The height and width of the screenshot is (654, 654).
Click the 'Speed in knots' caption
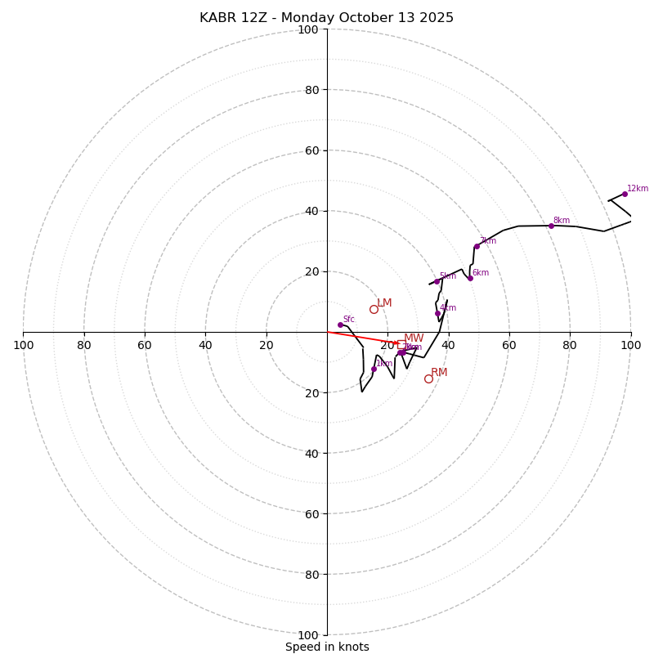pos(327,647)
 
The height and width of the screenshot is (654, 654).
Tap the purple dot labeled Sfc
pos(340,325)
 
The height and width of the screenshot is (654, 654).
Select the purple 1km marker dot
pos(374,369)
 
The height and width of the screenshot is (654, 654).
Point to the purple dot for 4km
pos(437,313)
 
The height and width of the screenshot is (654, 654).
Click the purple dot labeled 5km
pos(437,281)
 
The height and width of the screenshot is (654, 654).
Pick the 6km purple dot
pos(470,278)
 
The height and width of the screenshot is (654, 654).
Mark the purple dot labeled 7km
pos(477,246)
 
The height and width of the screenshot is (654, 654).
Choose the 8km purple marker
pos(551,226)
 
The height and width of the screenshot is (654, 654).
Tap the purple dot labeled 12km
pos(625,194)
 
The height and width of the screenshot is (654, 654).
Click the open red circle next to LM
pos(374,309)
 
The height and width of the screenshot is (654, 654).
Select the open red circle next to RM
pos(428,379)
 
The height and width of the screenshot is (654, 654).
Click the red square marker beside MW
pos(401,345)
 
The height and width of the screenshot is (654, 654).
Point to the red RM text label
pos(439,373)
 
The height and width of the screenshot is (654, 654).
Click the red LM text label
pos(384,303)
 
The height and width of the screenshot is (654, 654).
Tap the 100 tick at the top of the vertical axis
pos(308,29)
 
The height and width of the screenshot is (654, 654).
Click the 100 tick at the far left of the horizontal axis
pos(23,345)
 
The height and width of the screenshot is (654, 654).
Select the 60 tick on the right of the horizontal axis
pos(509,345)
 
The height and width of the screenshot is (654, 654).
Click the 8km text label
pos(562,221)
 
